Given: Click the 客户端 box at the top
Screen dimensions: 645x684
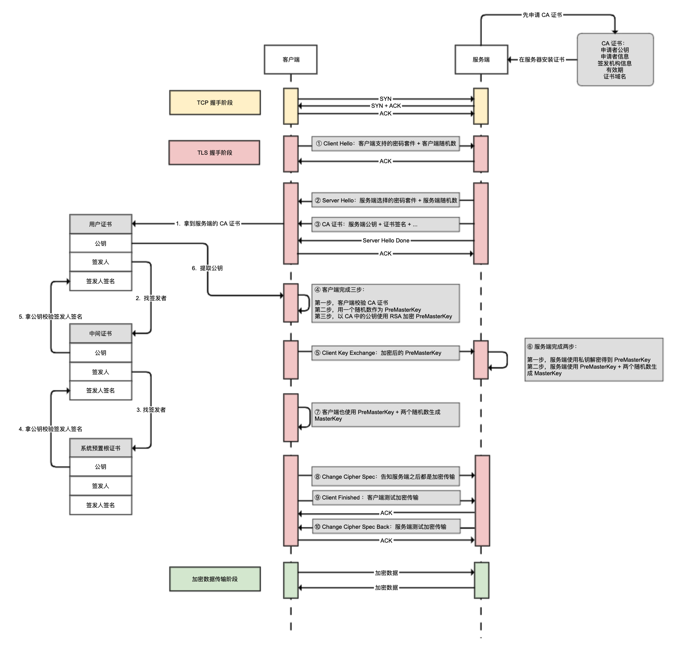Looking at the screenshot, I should point(290,60).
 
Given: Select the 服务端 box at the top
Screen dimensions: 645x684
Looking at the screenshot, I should point(481,60).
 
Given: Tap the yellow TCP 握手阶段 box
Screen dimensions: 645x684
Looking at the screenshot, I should point(215,103).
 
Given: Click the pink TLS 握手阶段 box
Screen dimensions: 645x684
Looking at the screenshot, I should point(214,153).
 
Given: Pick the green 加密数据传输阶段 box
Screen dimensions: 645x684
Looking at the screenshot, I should point(215,579).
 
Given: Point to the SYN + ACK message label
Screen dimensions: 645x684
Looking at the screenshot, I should point(386,106).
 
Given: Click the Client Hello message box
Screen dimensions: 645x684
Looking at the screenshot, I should point(385,144).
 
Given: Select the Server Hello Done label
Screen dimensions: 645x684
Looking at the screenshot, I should point(386,241).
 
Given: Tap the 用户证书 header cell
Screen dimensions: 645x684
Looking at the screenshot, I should point(101,224).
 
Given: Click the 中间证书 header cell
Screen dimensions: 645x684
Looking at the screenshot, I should point(101,333).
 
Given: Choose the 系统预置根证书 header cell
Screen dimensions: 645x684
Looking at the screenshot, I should point(101,448).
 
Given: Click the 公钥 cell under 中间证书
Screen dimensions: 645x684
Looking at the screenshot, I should point(101,353).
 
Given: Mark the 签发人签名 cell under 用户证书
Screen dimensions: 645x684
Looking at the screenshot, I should point(101,281).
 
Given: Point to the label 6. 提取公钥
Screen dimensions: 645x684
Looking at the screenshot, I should point(207,268).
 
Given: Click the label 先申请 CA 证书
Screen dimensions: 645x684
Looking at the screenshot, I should point(542,15).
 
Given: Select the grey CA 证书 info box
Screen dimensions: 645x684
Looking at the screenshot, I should point(615,60).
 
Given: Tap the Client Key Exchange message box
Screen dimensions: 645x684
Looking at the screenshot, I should point(385,353).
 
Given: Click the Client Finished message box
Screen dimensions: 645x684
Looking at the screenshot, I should point(386,498).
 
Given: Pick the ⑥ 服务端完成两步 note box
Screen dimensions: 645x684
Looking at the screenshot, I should point(594,360).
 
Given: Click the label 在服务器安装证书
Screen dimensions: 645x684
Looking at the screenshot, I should point(542,60).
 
